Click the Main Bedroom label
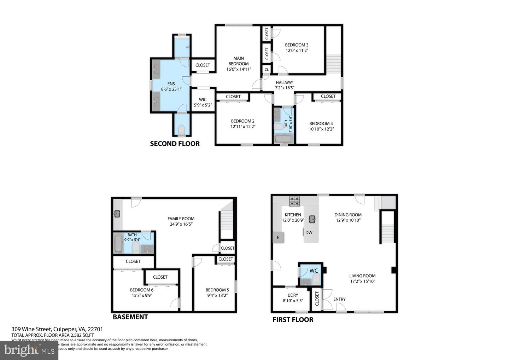(239, 61)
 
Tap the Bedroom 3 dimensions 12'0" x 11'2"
(297, 51)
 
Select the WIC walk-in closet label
(203, 100)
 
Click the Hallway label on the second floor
(285, 82)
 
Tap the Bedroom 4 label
(321, 123)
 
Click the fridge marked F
(278, 237)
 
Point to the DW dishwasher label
(309, 232)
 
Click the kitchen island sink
(312, 219)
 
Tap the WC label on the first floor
(314, 271)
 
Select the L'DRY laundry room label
(293, 295)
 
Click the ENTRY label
(339, 299)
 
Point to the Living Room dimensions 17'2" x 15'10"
(362, 281)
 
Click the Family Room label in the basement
(181, 219)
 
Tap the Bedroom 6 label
(141, 290)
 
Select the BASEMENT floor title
(130, 317)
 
